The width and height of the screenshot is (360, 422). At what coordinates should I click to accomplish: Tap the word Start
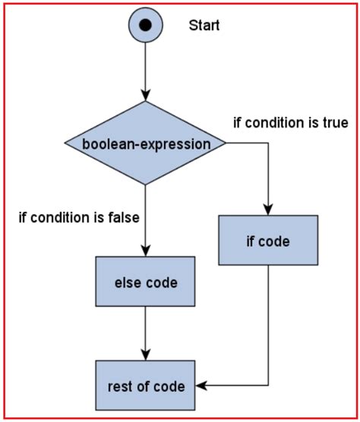coord(204,26)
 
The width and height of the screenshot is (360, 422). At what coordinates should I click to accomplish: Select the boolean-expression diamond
coord(144,143)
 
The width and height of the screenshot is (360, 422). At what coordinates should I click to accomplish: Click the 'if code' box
coord(268,241)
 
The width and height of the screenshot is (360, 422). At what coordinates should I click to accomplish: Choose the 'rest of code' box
coord(145,386)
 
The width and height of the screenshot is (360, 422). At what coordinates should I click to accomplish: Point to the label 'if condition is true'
coord(290,122)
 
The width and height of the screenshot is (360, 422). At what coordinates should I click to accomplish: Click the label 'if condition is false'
coord(78,219)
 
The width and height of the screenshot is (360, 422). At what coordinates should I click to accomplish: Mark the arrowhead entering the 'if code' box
coord(268,209)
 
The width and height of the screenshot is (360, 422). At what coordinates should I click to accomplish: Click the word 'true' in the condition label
coord(335,122)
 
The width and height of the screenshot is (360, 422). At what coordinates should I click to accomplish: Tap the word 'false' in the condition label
coord(123,219)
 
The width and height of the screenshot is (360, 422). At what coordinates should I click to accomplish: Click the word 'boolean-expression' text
coord(144,143)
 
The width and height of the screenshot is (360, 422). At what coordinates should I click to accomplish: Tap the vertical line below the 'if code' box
coord(268,326)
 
